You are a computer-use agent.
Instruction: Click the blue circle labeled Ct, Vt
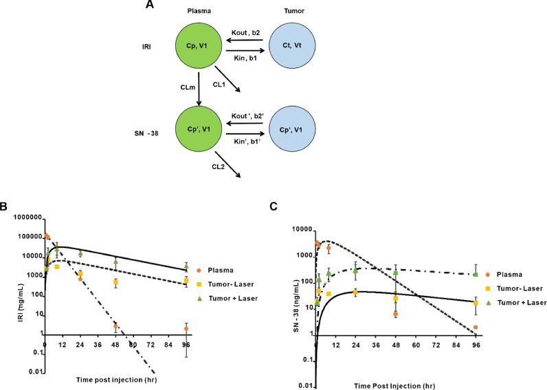[x=293, y=46]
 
